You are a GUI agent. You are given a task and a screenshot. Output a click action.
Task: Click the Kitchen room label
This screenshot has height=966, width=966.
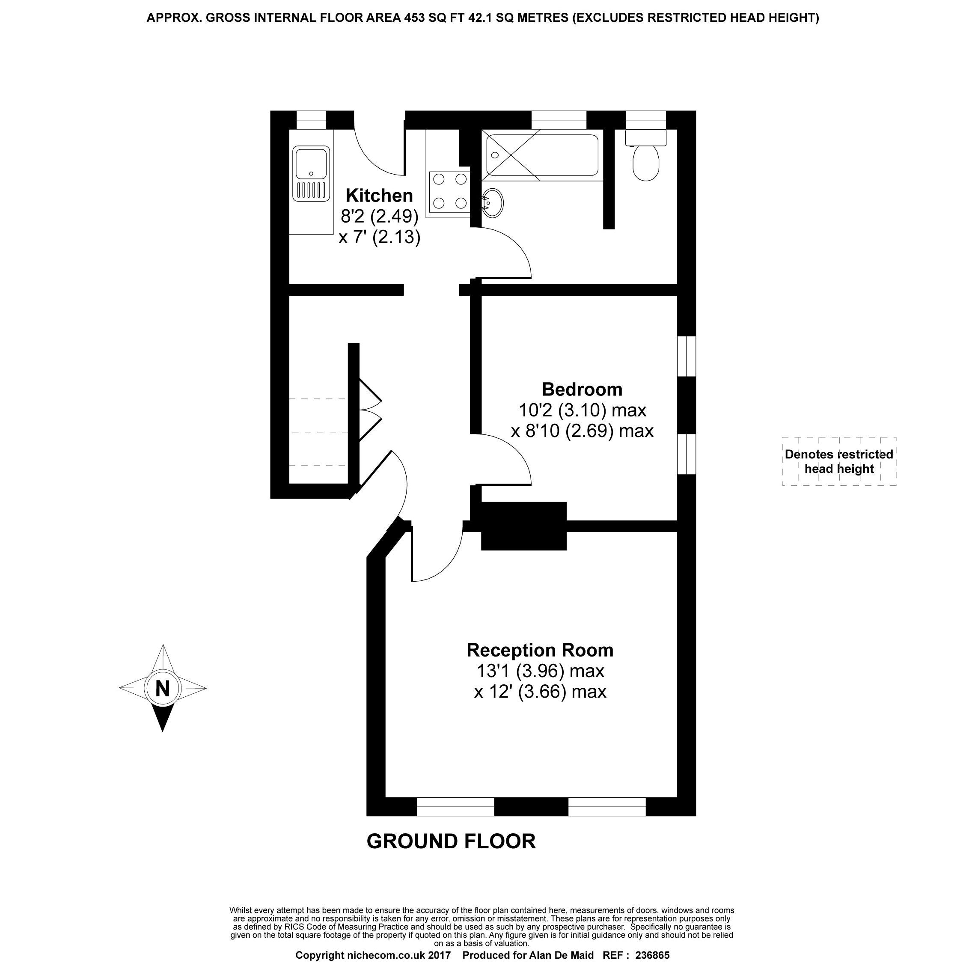point(379,195)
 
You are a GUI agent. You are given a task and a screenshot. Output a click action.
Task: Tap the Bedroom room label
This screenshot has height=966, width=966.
point(582,389)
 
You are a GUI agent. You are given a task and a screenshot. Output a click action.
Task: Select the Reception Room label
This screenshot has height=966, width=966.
point(540,650)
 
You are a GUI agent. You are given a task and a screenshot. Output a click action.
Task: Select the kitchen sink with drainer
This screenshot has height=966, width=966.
point(311,173)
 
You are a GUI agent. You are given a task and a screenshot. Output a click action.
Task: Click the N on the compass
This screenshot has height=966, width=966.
point(163,689)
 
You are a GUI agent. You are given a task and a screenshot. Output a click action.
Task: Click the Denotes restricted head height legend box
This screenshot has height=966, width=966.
point(838,461)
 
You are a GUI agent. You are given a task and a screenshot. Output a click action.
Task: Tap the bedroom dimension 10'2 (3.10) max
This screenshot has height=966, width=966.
point(582,410)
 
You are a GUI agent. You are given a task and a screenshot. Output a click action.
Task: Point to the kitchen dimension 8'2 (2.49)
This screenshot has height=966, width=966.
point(379,216)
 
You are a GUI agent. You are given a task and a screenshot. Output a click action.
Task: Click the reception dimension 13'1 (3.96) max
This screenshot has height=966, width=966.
point(540,671)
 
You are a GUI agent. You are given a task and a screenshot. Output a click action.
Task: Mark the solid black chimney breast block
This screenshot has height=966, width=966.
point(523,526)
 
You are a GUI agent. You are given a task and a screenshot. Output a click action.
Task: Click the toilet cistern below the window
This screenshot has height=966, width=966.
point(645,137)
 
